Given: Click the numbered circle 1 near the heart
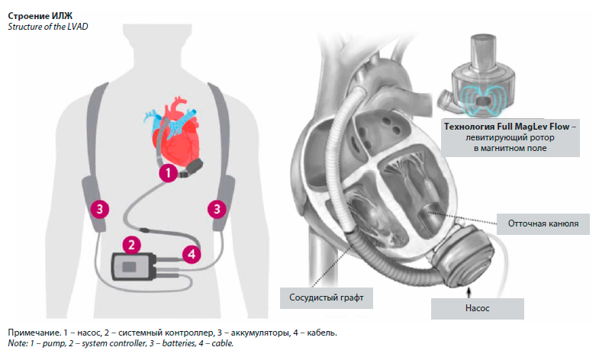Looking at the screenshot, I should pyautogui.click(x=167, y=174).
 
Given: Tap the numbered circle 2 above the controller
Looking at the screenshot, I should pyautogui.click(x=132, y=245).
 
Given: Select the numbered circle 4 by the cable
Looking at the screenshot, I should pyautogui.click(x=193, y=252).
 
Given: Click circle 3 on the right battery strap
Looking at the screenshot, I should pyautogui.click(x=218, y=207).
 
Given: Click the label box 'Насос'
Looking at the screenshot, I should pyautogui.click(x=478, y=308).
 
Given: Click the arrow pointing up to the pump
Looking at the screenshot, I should pyautogui.click(x=478, y=291).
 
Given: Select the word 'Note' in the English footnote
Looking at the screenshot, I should pyautogui.click(x=18, y=344).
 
